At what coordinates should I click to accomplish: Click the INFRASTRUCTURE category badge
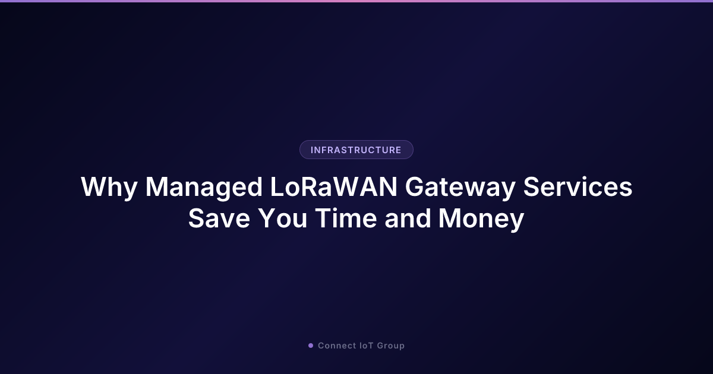(356, 150)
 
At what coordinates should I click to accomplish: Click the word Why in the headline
(108, 188)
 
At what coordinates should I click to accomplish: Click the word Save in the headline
(219, 218)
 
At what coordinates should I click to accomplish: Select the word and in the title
(408, 218)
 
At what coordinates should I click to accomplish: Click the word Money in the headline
(481, 218)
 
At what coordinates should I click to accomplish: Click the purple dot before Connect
(311, 346)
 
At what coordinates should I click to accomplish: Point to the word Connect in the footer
(337, 346)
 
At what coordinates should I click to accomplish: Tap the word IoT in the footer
(367, 346)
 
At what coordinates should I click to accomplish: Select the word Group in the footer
(391, 346)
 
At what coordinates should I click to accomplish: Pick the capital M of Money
(452, 218)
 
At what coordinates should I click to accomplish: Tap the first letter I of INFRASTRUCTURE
(312, 150)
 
